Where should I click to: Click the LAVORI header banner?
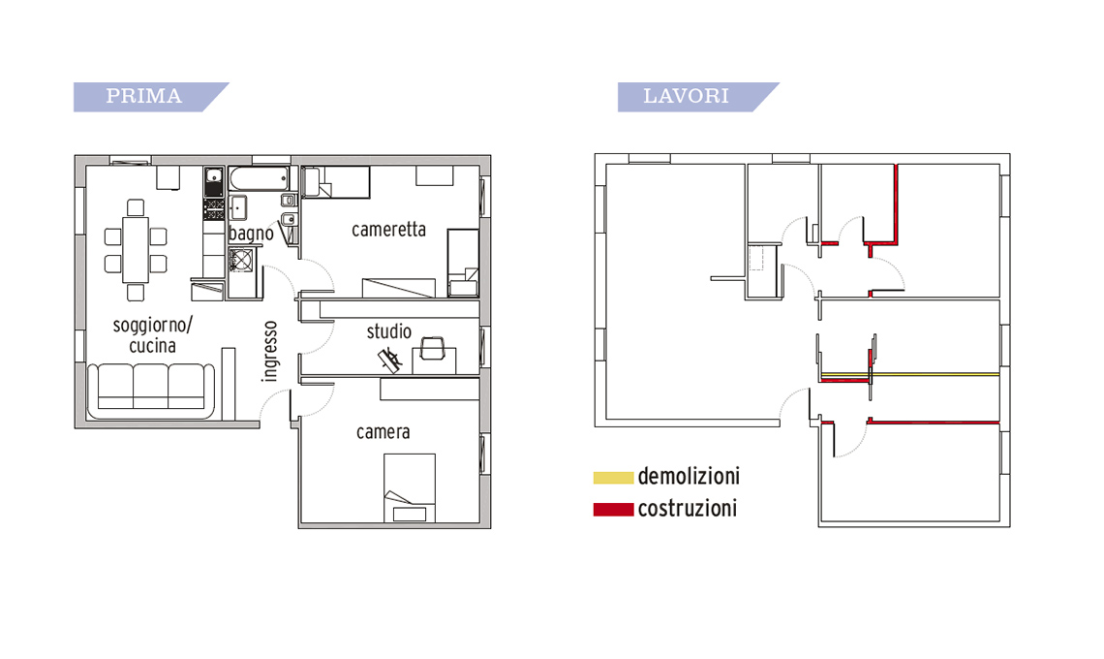click(x=697, y=97)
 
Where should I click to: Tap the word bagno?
click(x=251, y=234)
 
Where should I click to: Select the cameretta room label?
click(x=388, y=229)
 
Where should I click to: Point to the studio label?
click(x=388, y=331)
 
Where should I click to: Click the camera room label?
click(x=383, y=431)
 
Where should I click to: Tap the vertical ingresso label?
click(x=269, y=351)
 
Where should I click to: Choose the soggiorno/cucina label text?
click(x=153, y=334)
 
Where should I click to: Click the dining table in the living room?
click(x=136, y=249)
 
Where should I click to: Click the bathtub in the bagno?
click(x=259, y=179)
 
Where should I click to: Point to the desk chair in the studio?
click(x=432, y=348)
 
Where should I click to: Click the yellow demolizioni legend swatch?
click(x=613, y=477)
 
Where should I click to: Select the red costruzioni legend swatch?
click(x=613, y=509)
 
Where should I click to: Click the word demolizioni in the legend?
click(x=689, y=477)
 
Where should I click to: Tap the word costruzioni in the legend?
click(x=688, y=508)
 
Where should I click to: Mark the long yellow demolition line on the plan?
click(x=909, y=374)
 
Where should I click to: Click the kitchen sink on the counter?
click(x=214, y=182)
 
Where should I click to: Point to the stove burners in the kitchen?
click(x=214, y=208)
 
